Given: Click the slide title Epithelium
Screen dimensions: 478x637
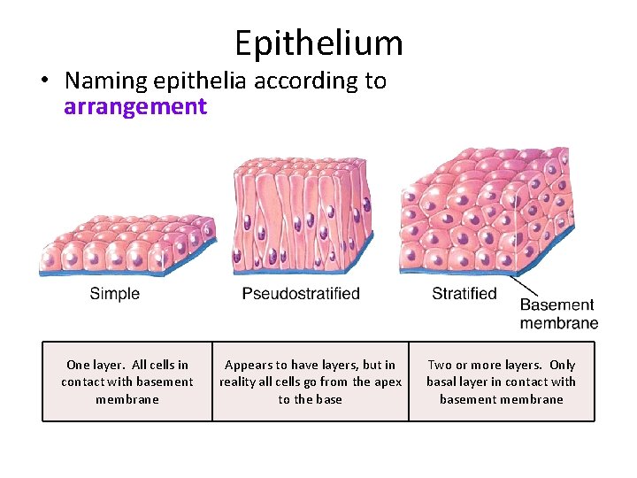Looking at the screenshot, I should [x=318, y=42].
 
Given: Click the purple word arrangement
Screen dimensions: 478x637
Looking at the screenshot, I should [x=135, y=107].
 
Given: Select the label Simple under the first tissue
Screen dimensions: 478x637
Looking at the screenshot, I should [x=114, y=293].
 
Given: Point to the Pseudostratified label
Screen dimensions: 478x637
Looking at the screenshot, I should [x=301, y=293].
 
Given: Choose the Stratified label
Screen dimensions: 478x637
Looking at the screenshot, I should [x=464, y=293].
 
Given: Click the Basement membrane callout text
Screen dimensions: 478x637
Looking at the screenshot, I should [x=558, y=313].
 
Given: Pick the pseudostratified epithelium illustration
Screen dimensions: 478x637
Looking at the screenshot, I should [x=301, y=217].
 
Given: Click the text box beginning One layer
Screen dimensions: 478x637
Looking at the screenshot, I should [x=127, y=382].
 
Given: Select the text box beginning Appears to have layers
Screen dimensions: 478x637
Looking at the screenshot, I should [x=311, y=382].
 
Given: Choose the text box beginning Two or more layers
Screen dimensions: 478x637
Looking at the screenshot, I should [x=501, y=382].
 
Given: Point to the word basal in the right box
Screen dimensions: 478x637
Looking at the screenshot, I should [x=441, y=382].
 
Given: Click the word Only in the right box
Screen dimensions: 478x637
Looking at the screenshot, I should [x=562, y=365].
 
